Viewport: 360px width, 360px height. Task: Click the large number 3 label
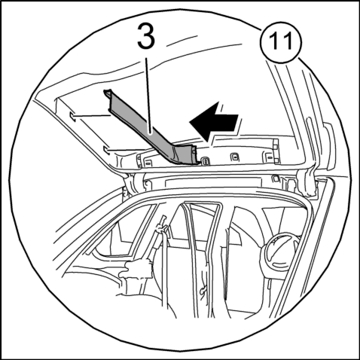tap(146, 35)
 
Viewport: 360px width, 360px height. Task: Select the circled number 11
tap(281, 41)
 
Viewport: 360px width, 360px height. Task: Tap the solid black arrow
tap(214, 121)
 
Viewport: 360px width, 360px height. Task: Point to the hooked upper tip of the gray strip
tap(108, 93)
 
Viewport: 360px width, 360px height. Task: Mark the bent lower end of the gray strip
tap(187, 155)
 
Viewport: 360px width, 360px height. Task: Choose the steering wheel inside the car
tap(279, 252)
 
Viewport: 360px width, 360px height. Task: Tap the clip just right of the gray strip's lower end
tap(206, 161)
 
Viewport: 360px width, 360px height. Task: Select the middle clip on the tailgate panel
tap(234, 157)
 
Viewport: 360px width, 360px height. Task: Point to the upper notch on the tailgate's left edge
tap(72, 116)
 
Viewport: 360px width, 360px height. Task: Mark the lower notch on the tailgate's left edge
tap(106, 150)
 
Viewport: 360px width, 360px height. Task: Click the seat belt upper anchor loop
tap(162, 225)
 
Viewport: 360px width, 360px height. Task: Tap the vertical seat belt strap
tap(165, 269)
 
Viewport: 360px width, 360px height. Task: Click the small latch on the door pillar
tap(203, 291)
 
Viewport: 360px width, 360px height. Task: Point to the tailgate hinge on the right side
tap(310, 182)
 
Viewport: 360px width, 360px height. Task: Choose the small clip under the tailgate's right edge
tap(276, 178)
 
